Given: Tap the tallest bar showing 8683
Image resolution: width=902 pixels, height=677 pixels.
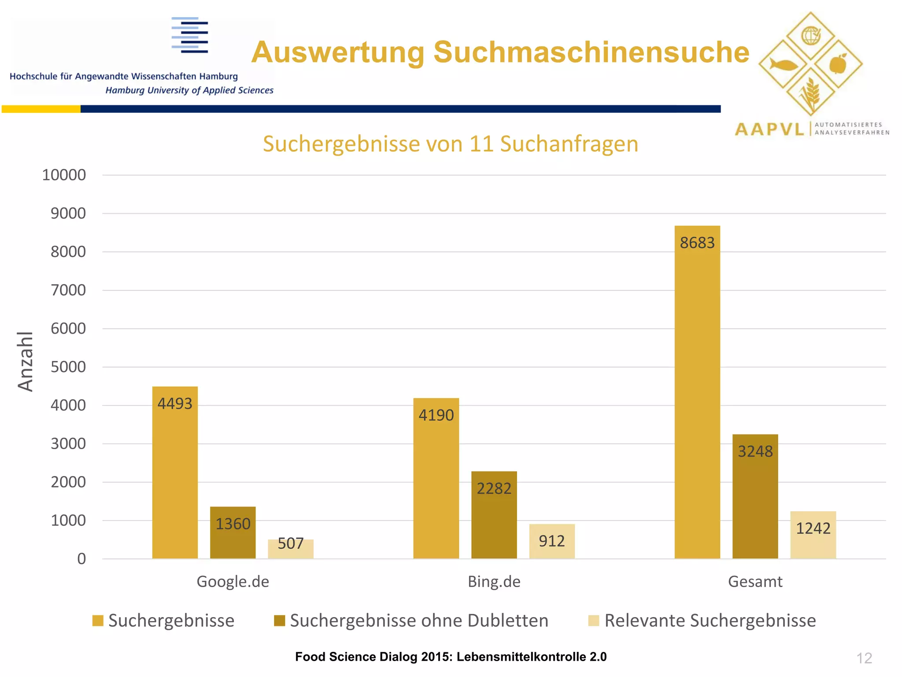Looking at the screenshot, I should tap(697, 392).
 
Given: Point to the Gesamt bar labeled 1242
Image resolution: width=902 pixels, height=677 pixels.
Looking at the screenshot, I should tap(813, 535).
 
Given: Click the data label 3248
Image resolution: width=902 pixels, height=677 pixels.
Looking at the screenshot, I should tap(755, 451).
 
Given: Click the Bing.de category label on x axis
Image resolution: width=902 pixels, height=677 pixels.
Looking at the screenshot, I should tap(494, 581).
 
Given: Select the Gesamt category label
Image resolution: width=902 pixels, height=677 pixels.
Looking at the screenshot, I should tap(755, 581).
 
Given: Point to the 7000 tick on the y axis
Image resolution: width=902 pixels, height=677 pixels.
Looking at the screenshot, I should tap(68, 290).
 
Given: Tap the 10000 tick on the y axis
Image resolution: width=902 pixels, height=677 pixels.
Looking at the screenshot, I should tap(64, 175).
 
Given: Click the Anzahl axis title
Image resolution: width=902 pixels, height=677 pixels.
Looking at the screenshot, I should tap(25, 361).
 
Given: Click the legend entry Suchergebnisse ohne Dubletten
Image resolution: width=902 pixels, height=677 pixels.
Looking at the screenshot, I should tap(419, 620).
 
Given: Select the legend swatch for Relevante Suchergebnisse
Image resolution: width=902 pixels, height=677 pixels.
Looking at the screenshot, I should tap(593, 621).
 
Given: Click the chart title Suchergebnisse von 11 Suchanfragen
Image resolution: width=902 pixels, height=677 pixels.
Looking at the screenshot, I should tap(451, 144).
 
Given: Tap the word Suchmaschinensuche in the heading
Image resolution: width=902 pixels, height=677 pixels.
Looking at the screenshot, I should tap(591, 52).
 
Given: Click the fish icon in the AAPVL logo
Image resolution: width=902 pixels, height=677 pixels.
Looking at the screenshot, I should tap(784, 65).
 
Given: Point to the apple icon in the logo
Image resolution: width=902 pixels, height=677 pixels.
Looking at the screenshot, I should tap(838, 64).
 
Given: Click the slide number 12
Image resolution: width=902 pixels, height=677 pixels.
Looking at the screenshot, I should tap(864, 658).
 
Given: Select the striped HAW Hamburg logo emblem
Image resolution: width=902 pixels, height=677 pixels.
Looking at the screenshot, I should tap(190, 35).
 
